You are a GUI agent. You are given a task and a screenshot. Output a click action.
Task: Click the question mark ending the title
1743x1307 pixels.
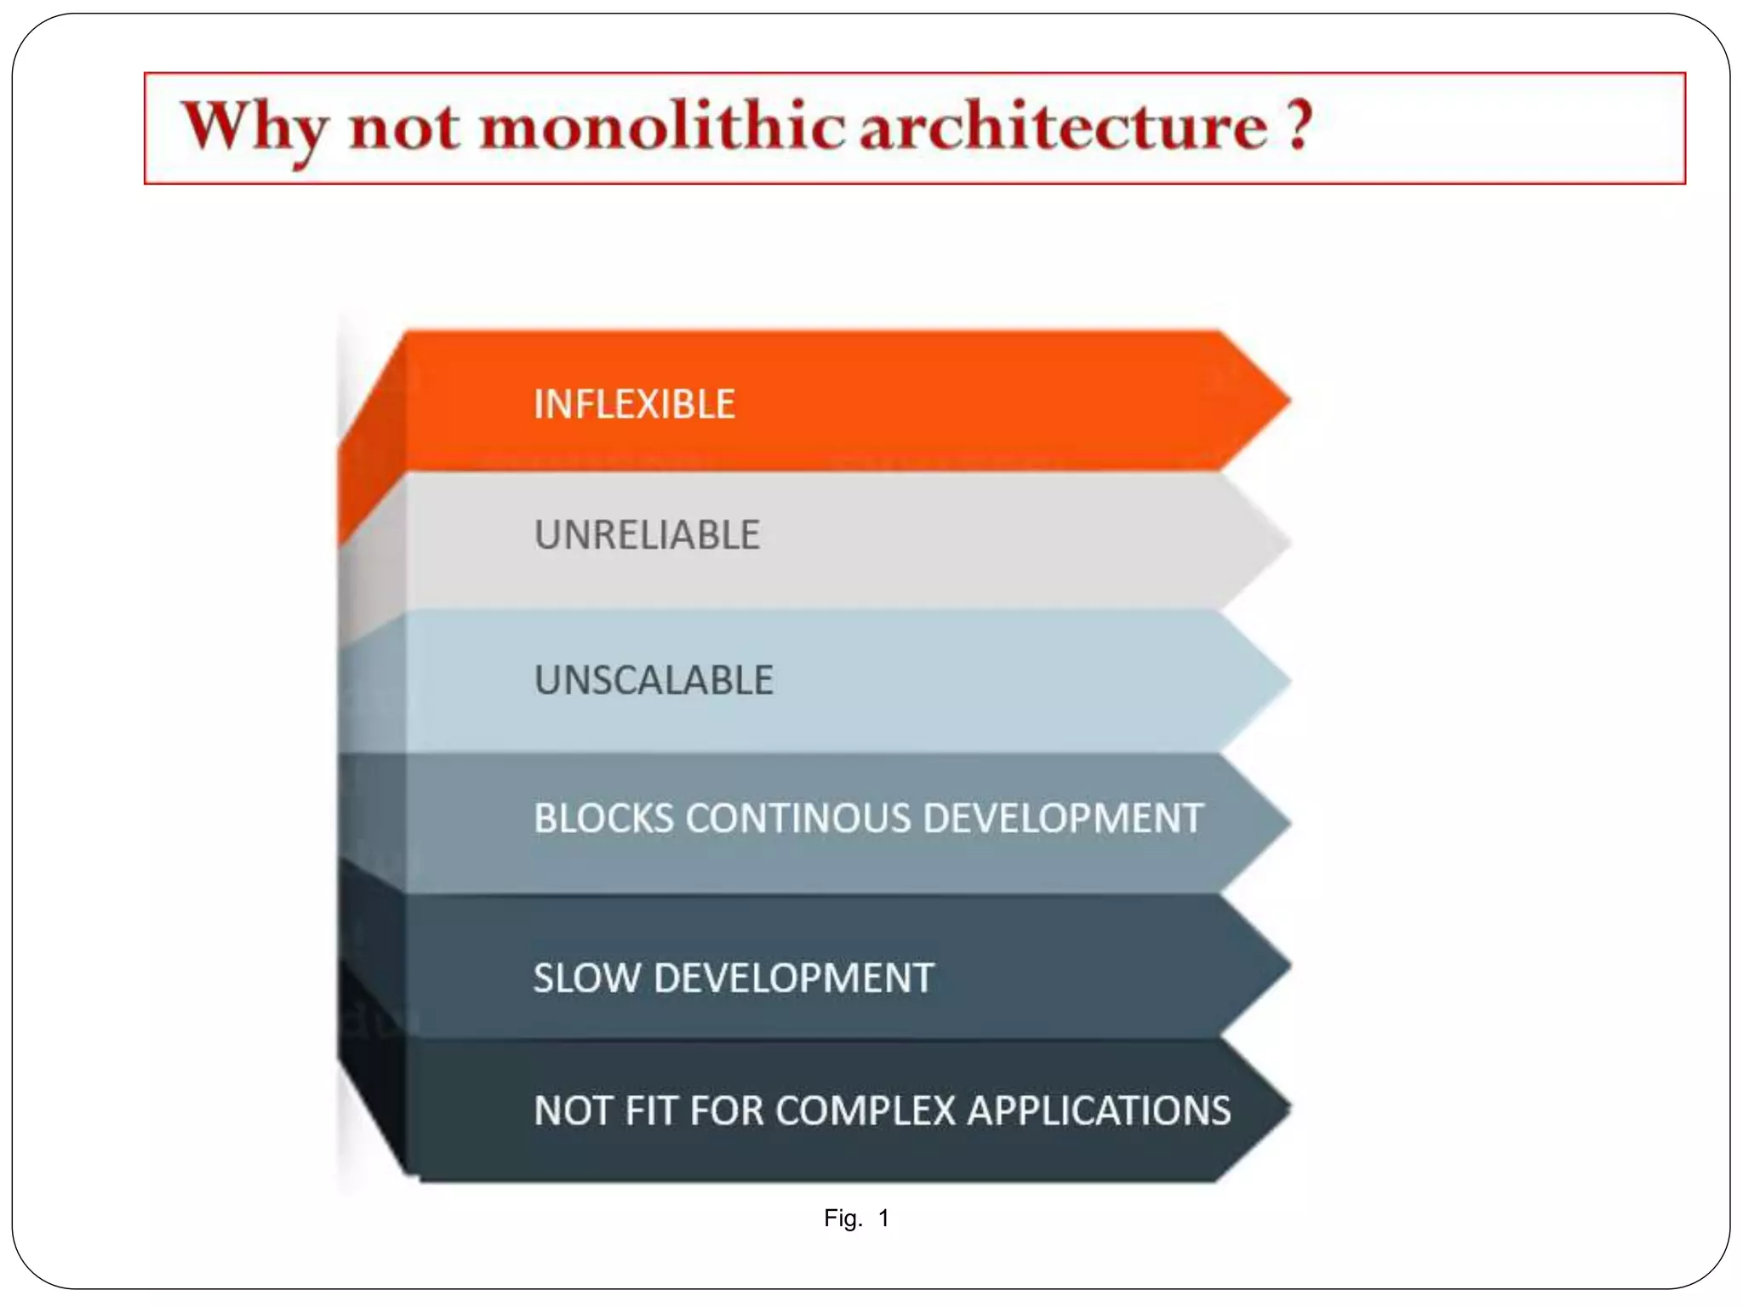1299,126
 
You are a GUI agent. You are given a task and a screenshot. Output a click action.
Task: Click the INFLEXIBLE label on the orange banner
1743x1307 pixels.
634,404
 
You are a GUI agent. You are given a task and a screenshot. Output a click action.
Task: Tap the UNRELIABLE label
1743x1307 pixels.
647,535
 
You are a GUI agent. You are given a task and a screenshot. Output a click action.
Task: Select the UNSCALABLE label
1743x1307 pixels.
654,680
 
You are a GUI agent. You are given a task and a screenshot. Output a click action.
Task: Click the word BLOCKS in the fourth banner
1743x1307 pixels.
603,818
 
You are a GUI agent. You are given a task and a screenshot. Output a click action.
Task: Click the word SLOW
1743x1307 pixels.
586,978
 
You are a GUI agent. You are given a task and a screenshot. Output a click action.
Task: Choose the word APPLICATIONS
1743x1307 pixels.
1099,1110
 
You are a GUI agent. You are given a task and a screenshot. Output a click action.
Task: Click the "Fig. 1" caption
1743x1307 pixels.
856,1219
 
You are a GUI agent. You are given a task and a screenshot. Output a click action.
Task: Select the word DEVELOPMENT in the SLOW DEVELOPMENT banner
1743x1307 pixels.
793,978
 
